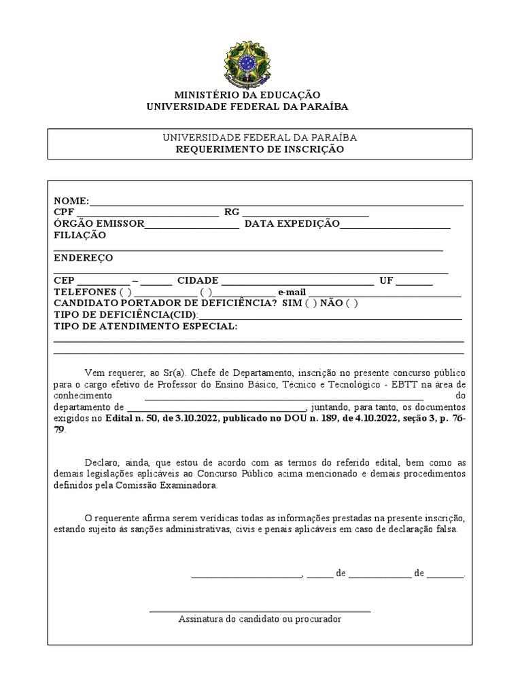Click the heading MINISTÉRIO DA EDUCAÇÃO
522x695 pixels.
click(247, 95)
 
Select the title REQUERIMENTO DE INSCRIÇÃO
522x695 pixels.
click(259, 149)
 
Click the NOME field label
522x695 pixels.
click(71, 201)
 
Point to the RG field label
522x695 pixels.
click(232, 212)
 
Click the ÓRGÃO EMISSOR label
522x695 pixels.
click(99, 224)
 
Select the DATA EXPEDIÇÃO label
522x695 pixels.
click(292, 224)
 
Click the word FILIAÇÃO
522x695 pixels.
click(80, 236)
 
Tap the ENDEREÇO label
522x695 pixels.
click(83, 258)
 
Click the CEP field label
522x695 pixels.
click(65, 281)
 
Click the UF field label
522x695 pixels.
click(386, 281)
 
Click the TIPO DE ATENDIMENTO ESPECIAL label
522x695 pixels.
click(145, 326)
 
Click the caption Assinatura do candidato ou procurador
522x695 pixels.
click(260, 619)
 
